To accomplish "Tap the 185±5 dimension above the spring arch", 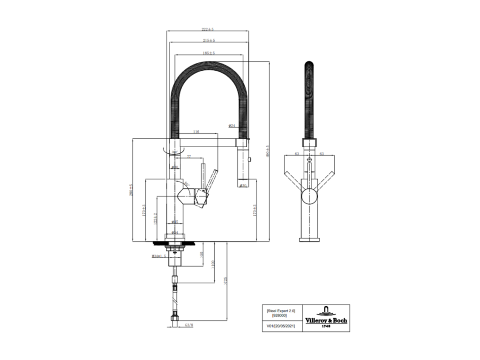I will coord(209,53).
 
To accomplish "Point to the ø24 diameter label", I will coord(232,126).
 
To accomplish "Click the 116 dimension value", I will coord(196,133).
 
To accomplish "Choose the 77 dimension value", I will coord(189,157).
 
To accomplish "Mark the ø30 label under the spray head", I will coord(243,186).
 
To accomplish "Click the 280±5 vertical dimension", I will coord(132,190).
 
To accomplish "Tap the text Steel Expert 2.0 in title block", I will coord(280,311).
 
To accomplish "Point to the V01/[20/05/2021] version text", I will coord(280,324).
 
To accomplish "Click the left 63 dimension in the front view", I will coord(297,153).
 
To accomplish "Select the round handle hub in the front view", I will coord(309,196).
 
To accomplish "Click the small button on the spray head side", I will coord(249,160).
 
